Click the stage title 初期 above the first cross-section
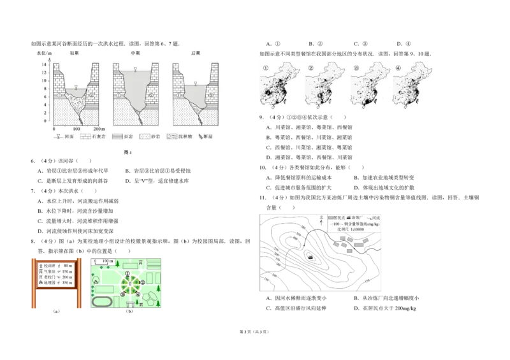click(x=75, y=54)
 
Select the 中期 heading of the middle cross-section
click(x=135, y=54)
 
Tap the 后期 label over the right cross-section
click(x=195, y=54)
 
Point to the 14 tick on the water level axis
click(x=45, y=57)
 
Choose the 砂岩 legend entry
click(x=150, y=137)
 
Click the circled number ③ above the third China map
click(x=356, y=68)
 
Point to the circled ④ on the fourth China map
click(x=398, y=68)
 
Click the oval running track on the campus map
click(x=101, y=301)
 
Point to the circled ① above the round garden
click(x=127, y=274)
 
